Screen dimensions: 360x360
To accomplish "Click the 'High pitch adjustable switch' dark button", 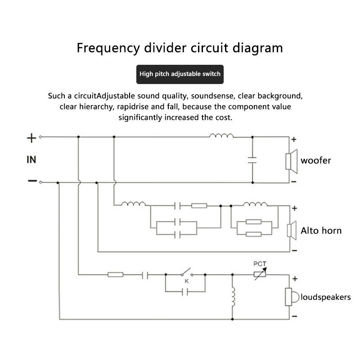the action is (x=180, y=74).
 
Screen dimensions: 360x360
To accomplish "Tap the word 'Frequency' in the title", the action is (x=108, y=48).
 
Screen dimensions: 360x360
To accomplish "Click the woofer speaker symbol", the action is (x=291, y=162).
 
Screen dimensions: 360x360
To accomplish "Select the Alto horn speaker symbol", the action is (x=292, y=230).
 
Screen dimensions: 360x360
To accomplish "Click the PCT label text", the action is (x=260, y=264).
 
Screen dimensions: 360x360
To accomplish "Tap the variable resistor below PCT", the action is (x=260, y=274).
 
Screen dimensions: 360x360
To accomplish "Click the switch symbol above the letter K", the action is (x=187, y=272).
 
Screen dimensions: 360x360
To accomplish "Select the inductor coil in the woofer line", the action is (x=221, y=135).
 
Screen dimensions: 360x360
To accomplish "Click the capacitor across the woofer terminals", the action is (x=252, y=160).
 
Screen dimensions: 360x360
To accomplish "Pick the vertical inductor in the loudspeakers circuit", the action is (x=233, y=297).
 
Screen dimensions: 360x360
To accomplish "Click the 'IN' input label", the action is (x=31, y=160).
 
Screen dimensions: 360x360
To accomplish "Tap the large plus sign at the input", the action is (x=31, y=138).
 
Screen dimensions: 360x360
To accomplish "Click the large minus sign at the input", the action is (x=32, y=181).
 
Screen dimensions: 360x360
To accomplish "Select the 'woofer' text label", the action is (x=316, y=161).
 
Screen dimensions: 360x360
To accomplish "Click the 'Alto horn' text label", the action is (x=321, y=230).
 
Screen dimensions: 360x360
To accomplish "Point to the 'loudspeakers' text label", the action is (x=325, y=297).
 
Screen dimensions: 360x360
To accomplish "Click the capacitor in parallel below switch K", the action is (x=185, y=292).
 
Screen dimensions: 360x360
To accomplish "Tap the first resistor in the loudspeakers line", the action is (x=116, y=274).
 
